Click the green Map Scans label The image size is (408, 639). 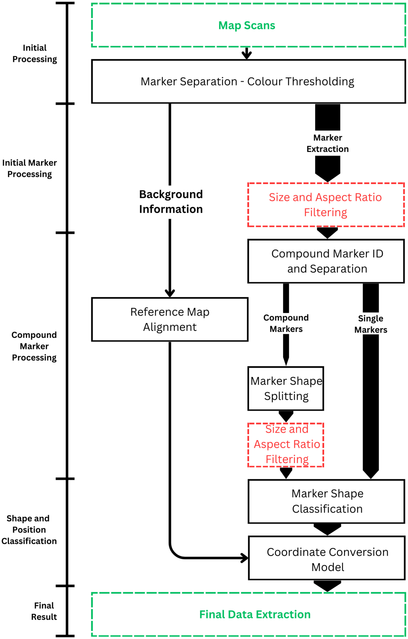click(247, 25)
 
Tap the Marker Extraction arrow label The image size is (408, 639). click(327, 143)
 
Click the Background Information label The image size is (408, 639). click(171, 202)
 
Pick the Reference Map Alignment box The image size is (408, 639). click(170, 319)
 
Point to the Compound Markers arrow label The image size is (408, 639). click(286, 323)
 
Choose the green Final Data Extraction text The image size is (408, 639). click(255, 614)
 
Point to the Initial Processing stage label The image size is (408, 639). click(35, 53)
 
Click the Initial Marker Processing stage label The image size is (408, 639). click(30, 168)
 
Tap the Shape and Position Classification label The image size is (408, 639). click(29, 530)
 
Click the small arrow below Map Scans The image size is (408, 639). click(247, 54)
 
